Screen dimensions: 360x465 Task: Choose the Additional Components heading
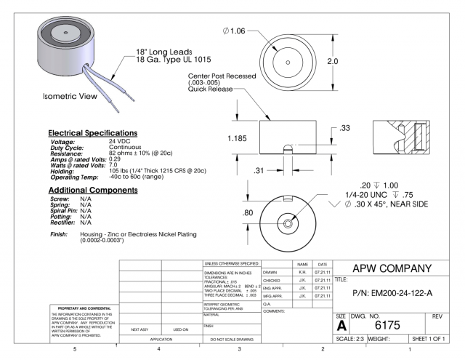click(x=92, y=190)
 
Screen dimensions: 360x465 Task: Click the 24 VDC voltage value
click(x=120, y=140)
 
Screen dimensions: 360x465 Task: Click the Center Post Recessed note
click(x=221, y=75)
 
